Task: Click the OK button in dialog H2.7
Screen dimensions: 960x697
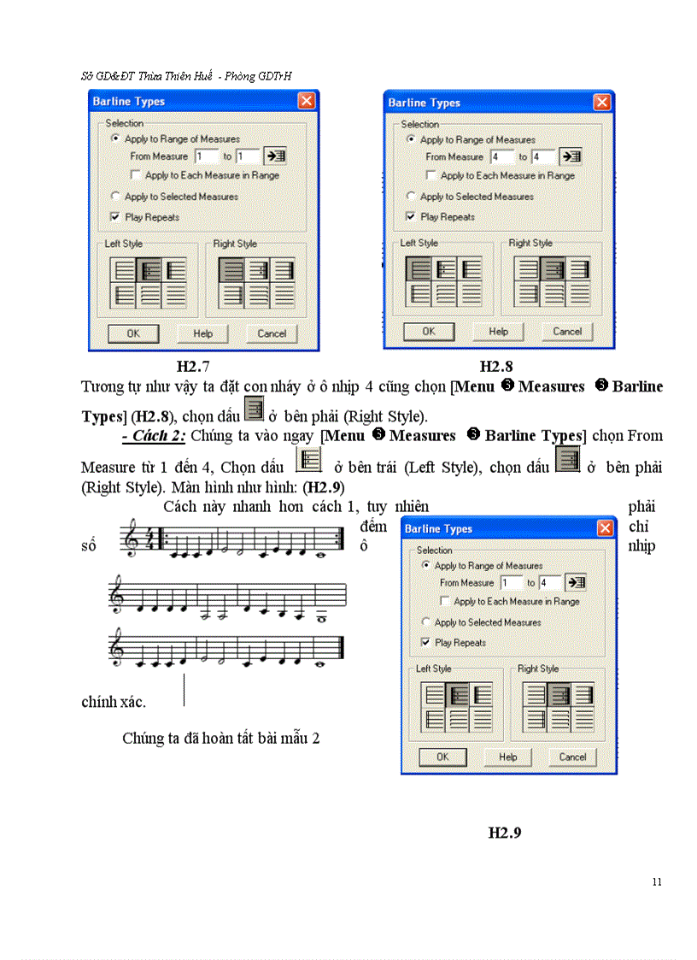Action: [x=133, y=333]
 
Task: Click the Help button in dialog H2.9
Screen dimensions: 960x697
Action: [x=507, y=757]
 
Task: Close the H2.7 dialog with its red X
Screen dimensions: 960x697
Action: [x=307, y=101]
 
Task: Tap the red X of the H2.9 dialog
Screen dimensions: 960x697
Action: [x=605, y=528]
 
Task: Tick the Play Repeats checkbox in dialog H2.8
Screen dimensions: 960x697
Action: [x=412, y=217]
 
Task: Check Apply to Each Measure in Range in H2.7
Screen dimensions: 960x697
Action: [x=136, y=175]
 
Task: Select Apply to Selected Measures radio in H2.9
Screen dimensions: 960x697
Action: [x=426, y=622]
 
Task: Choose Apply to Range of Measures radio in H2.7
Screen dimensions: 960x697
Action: [x=115, y=138]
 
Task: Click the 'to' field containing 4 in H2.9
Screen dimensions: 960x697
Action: [x=550, y=583]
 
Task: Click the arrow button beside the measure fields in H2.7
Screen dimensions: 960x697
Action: [x=275, y=156]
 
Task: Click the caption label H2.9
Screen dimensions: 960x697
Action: [x=504, y=832]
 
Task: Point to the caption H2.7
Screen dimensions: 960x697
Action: [x=193, y=367]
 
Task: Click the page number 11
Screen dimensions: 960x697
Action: [x=656, y=882]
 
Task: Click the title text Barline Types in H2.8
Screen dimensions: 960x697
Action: [x=424, y=103]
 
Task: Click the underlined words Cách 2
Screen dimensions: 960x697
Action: [x=154, y=436]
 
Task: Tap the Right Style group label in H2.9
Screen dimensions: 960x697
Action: [x=537, y=668]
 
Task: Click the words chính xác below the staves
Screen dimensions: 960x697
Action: [x=113, y=702]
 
